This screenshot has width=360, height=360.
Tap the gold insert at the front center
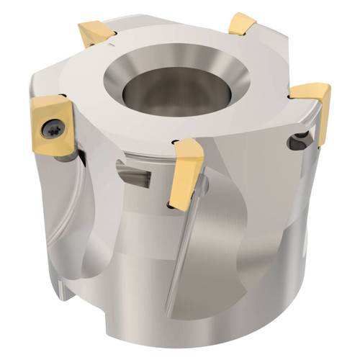pos(186,169)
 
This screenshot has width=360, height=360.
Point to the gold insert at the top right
pos(244,25)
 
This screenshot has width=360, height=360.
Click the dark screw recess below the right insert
pos(300,140)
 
